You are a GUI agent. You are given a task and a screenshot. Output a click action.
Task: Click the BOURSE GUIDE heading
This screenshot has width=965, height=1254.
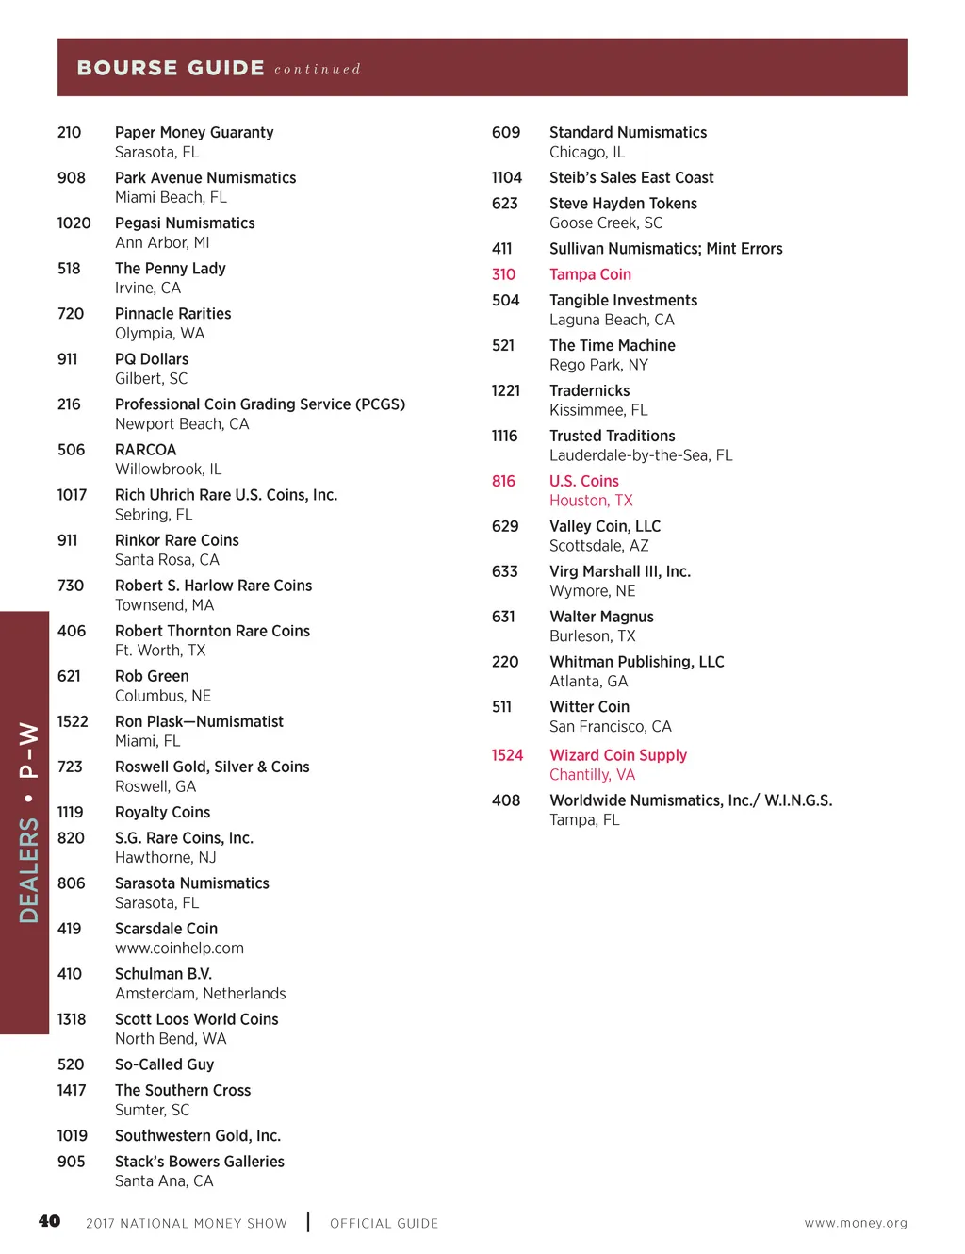[171, 68]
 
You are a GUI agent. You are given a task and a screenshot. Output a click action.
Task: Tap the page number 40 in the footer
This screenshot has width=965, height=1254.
[49, 1221]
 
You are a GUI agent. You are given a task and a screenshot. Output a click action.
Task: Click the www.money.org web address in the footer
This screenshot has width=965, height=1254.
[856, 1223]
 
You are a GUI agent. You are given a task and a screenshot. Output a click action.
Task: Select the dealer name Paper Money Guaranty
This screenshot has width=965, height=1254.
[194, 132]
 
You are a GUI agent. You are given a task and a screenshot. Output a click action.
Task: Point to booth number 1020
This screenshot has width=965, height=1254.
[74, 223]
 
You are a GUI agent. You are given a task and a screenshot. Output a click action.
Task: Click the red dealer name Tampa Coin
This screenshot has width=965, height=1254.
[590, 274]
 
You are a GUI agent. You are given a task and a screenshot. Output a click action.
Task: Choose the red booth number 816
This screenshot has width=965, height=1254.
[503, 481]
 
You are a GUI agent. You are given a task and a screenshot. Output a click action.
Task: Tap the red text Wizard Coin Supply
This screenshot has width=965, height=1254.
[618, 755]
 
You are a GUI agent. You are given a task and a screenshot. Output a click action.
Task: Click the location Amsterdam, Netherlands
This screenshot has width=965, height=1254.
[200, 994]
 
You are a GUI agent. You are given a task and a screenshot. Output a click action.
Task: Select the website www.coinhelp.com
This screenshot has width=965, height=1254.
[179, 949]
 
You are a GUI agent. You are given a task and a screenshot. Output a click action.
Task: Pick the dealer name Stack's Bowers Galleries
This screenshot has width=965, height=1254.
[200, 1162]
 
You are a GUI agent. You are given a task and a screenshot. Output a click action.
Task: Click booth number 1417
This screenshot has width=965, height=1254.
[72, 1090]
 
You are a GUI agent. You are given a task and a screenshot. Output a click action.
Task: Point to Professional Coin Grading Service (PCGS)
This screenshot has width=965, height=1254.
[260, 404]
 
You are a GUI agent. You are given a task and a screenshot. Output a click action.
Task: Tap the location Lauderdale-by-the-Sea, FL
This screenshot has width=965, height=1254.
[641, 455]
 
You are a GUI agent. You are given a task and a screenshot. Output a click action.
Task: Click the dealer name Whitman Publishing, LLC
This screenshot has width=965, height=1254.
[637, 662]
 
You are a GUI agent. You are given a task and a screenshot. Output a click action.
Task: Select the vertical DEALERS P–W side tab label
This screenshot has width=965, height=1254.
[28, 822]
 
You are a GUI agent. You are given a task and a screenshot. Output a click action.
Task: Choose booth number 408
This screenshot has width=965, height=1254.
[506, 800]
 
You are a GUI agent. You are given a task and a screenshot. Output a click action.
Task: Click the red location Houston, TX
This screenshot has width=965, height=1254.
[591, 501]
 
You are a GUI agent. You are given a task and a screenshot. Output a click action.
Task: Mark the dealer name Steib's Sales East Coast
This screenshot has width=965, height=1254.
[631, 177]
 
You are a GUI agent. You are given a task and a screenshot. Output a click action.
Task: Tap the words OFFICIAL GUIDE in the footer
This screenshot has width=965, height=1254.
[384, 1223]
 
